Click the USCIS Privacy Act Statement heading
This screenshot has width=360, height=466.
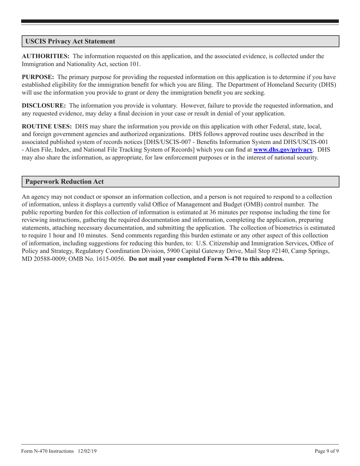[70, 41]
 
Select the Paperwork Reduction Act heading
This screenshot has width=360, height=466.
[64, 181]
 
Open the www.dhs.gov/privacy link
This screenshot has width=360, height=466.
[283, 150]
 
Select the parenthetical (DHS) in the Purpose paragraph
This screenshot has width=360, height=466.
[327, 85]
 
